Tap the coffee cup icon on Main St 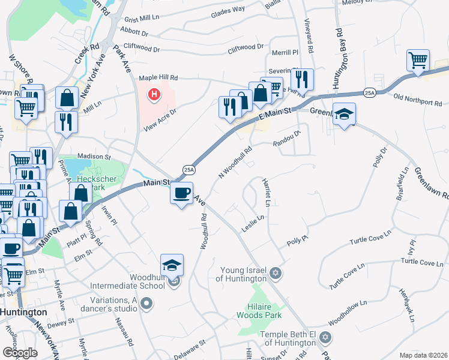[181, 194]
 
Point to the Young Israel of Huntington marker [276, 274]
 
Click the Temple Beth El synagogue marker [325, 337]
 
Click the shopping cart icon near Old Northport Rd [417, 60]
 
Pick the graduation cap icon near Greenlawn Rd [344, 113]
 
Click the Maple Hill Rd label [158, 77]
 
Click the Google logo [20, 352]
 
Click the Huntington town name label [23, 313]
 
